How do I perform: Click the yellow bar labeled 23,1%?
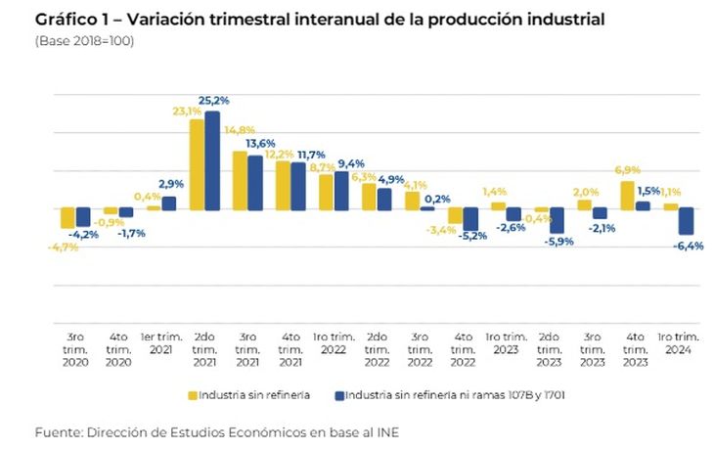pos(197,164)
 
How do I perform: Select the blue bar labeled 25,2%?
pos(211,160)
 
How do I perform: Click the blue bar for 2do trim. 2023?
pos(557,220)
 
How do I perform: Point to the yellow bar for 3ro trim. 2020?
pos(67,218)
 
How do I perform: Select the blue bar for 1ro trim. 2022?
pos(340,191)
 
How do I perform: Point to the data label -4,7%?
pos(63,247)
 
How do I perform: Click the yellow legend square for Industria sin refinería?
pos(193,395)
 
